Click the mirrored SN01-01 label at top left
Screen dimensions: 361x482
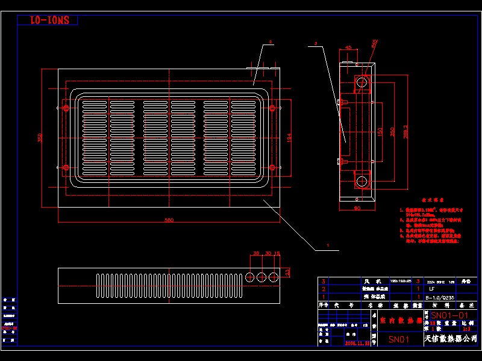tap(46, 20)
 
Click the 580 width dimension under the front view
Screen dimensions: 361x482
tap(169, 220)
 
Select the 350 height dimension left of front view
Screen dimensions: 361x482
tap(40, 138)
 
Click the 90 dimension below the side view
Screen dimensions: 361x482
tap(357, 208)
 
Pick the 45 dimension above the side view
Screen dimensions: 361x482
tap(349, 48)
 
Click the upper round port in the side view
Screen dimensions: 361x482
tap(361, 82)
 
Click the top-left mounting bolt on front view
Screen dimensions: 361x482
tap(66, 108)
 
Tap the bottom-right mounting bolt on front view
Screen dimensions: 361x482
tap(272, 167)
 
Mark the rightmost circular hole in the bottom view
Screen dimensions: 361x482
tap(274, 276)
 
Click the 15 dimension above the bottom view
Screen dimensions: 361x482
tap(277, 254)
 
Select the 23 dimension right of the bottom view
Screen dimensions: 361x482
tap(287, 272)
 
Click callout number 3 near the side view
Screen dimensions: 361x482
tap(316, 45)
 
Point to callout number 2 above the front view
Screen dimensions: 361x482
tap(271, 42)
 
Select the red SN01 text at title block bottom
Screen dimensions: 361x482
tap(398, 339)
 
